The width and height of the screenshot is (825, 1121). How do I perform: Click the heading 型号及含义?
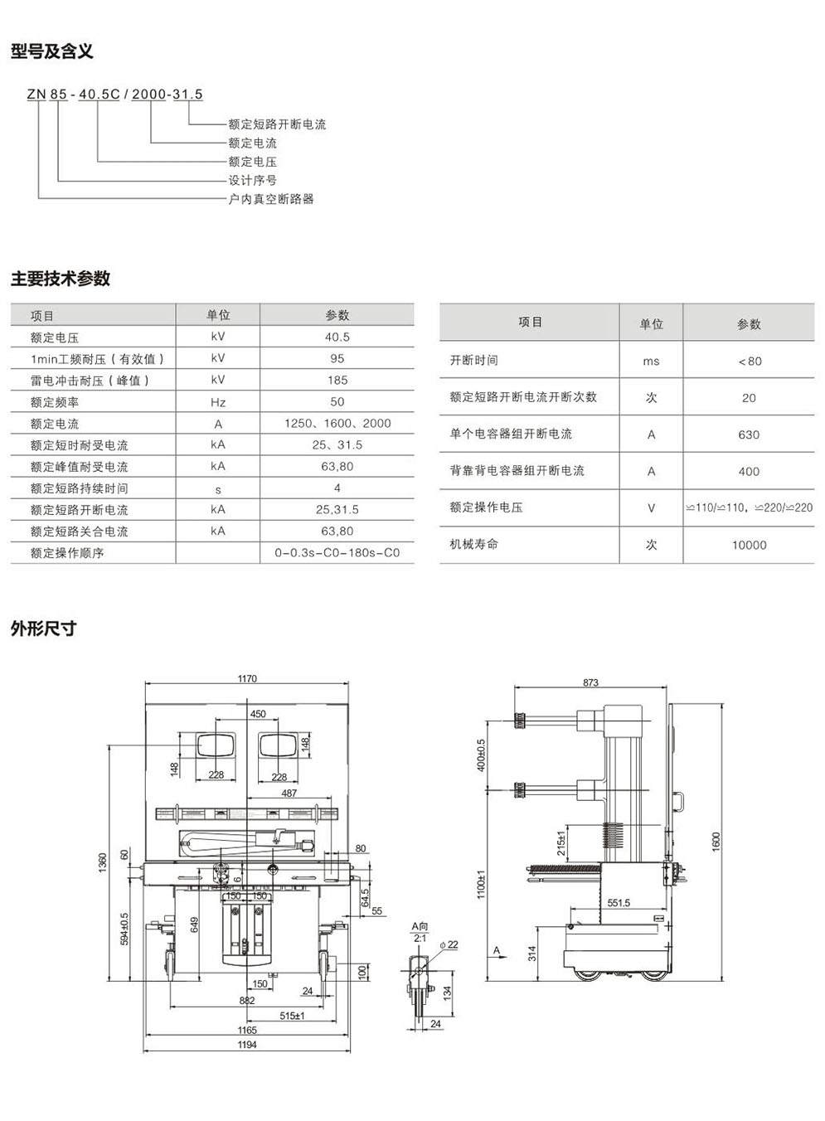pos(51,51)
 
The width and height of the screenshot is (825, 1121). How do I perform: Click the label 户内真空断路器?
pos(271,199)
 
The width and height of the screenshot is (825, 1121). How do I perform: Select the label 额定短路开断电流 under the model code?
pos(277,124)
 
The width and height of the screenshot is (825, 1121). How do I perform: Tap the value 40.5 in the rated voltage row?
pos(337,337)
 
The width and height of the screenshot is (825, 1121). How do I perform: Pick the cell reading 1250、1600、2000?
pos(337,424)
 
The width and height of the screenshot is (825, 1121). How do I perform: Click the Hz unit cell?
pos(218,402)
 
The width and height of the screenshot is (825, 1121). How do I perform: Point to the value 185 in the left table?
pos(337,381)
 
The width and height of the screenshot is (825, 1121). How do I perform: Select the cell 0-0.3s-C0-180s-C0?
pos(337,553)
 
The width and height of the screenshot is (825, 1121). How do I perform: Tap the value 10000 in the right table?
pos(749,545)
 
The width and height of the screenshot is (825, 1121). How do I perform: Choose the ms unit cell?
pos(651,361)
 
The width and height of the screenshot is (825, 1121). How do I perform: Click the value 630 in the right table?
pos(749,434)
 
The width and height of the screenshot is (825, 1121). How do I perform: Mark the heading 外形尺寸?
pos(43,628)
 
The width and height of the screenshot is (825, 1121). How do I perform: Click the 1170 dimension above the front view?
pos(247,679)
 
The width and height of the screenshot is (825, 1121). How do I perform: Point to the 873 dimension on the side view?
pos(590,683)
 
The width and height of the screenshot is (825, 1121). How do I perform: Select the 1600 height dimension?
pos(716,841)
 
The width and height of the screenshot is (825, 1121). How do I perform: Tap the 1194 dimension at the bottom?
pos(247,1045)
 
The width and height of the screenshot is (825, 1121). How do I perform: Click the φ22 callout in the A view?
pos(449,944)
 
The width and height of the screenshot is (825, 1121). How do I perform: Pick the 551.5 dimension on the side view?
pos(619,903)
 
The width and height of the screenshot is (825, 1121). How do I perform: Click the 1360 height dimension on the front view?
pos(103,861)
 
